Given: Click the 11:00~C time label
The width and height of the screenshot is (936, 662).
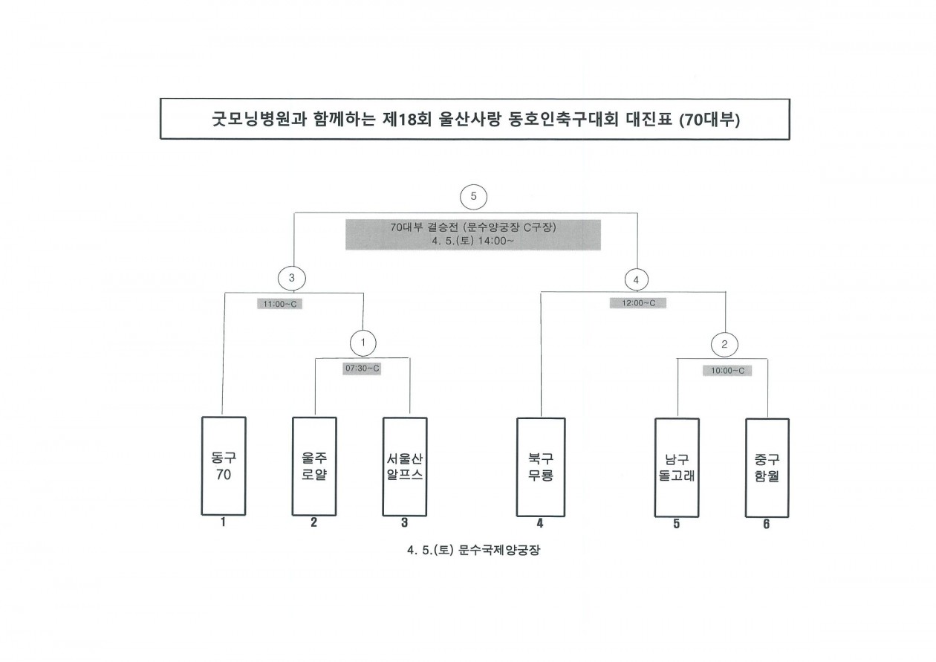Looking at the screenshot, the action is tap(279, 304).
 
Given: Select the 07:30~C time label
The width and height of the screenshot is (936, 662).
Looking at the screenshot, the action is tap(362, 369).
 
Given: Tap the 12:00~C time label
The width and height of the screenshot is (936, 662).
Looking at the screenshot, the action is tap(638, 303).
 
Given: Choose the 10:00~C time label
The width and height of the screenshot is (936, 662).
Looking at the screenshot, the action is tap(727, 371).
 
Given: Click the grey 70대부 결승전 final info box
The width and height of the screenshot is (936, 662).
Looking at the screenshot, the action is tap(473, 235).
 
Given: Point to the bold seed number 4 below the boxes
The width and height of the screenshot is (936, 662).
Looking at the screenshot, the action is tap(540, 523).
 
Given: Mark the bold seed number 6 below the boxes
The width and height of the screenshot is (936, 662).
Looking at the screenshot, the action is tap(767, 524).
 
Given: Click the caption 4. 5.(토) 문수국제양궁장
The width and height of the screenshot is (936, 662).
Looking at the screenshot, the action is tap(473, 550).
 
